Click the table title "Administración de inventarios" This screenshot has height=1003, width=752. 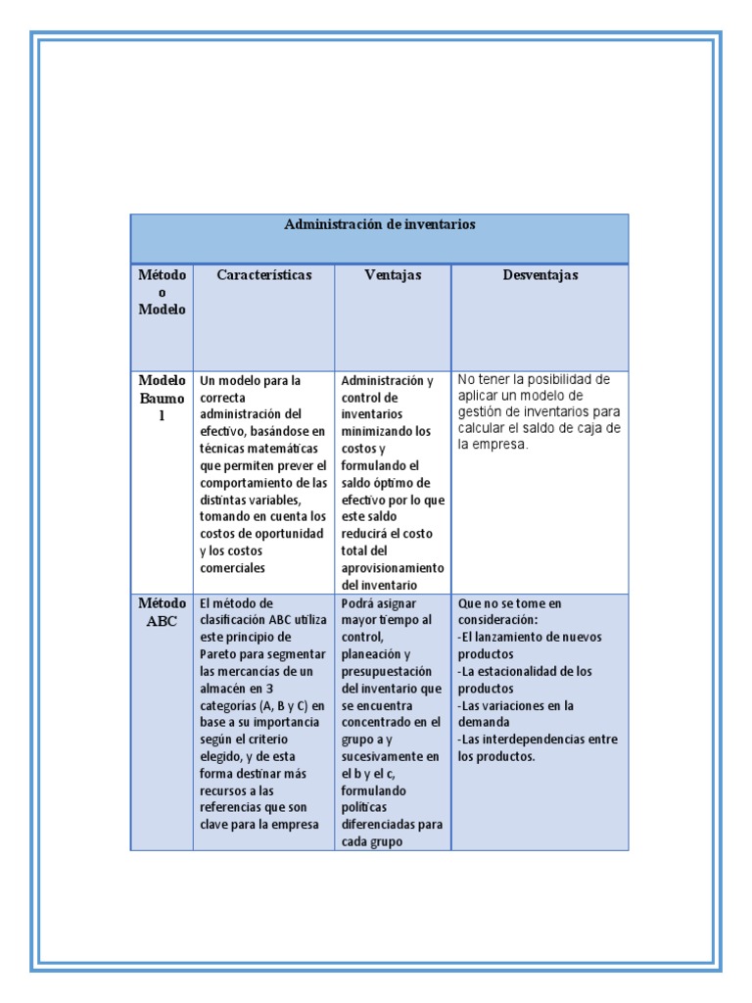point(380,224)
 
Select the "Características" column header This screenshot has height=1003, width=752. point(263,275)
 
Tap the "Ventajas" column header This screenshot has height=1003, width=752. point(393,275)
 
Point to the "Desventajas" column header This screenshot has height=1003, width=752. point(540,275)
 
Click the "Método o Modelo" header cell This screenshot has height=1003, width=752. point(162,292)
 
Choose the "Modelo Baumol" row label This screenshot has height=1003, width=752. point(162,398)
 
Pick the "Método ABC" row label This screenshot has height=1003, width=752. point(162,612)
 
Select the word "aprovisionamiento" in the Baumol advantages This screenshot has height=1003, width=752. point(392,568)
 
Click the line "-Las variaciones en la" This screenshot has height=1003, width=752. point(516,705)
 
